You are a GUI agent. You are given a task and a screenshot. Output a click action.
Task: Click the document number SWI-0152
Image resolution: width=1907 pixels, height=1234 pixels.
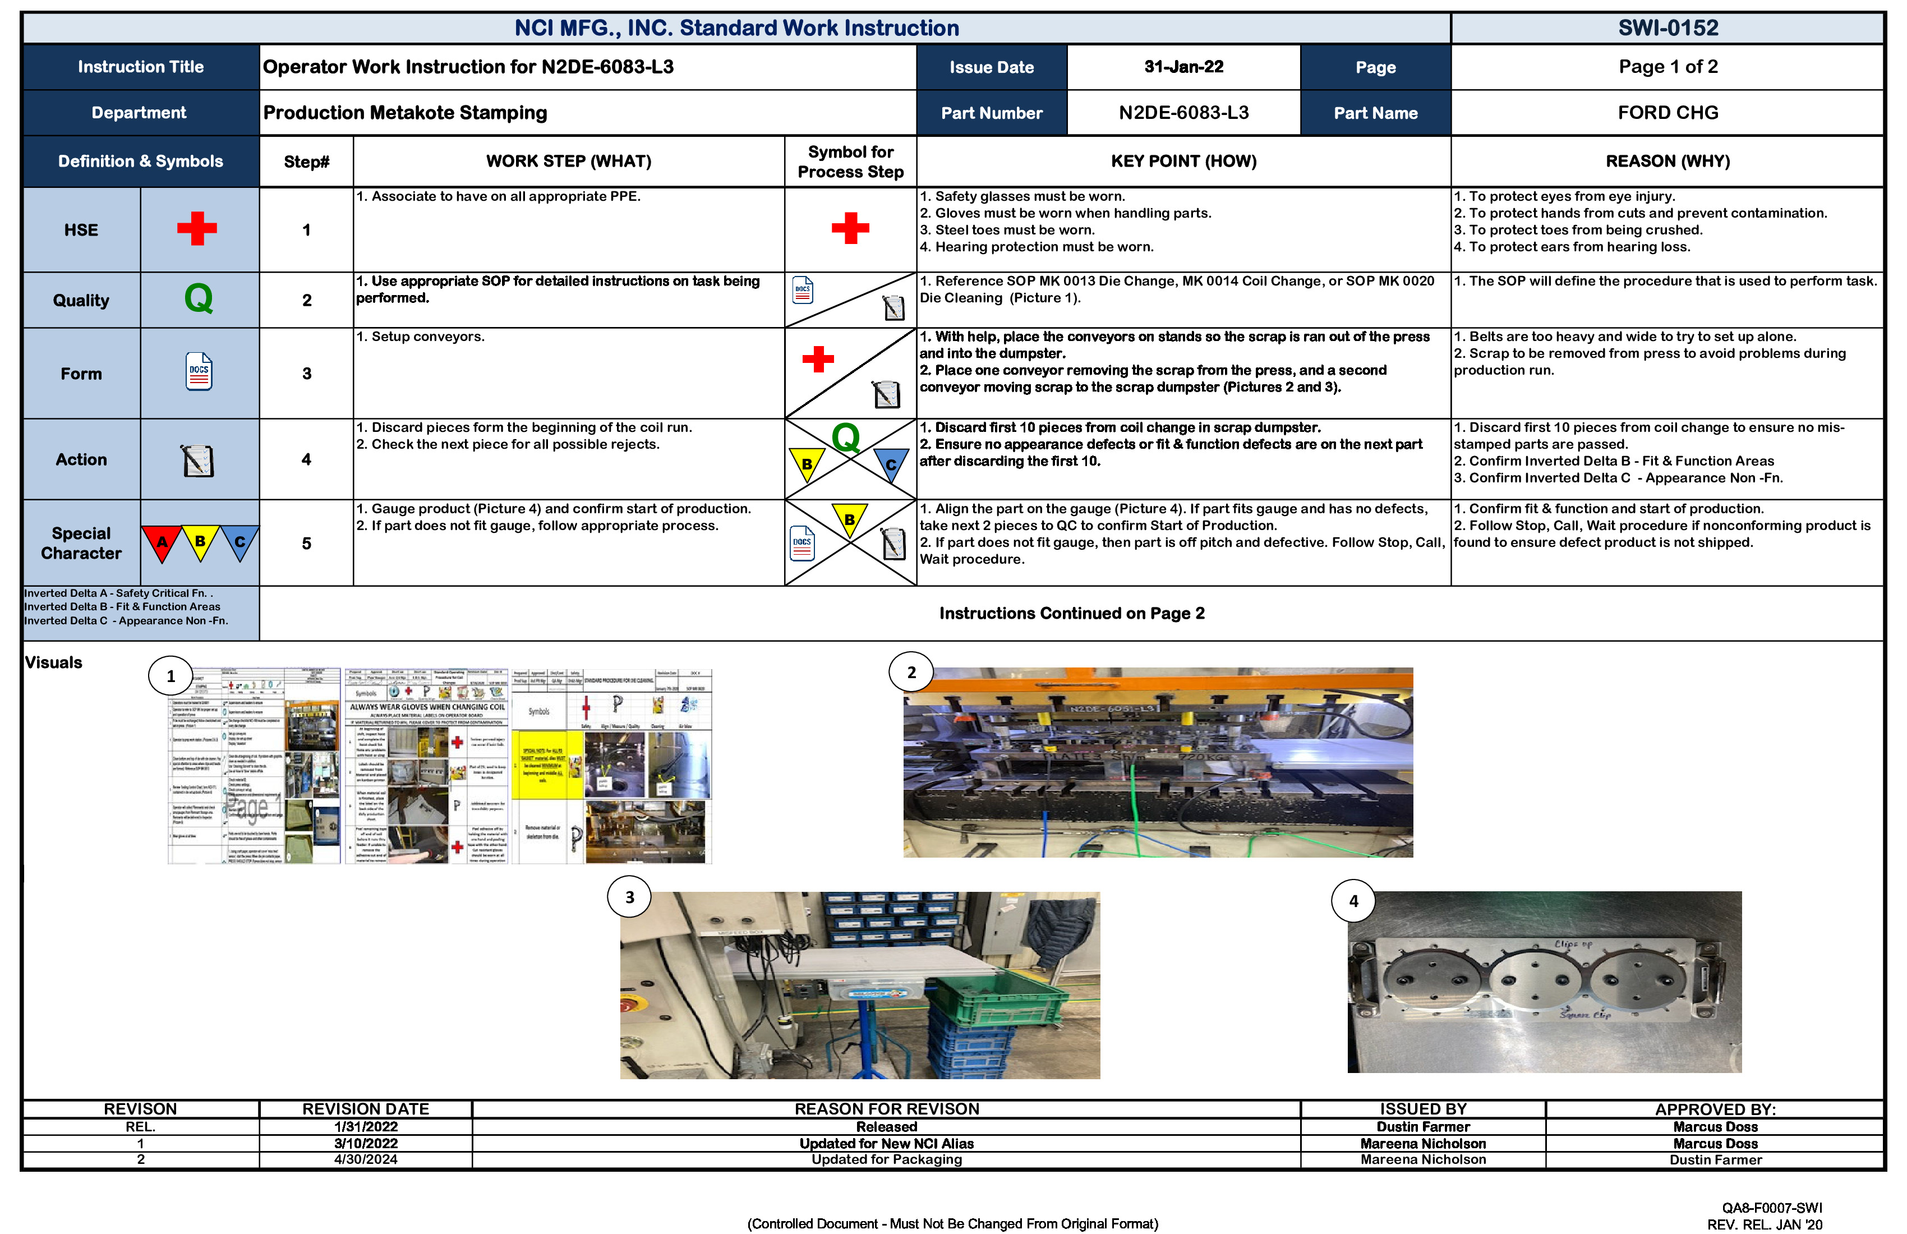[x=1668, y=28]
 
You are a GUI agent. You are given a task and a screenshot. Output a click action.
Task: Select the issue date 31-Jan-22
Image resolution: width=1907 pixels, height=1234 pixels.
[x=1183, y=67]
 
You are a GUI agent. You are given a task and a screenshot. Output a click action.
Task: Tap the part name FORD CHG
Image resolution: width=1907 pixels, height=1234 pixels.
[x=1668, y=112]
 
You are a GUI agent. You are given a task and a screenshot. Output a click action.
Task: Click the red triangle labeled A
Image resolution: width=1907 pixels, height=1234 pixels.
[x=161, y=542]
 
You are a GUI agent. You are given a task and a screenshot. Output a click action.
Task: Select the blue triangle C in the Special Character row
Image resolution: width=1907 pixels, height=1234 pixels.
[x=239, y=542]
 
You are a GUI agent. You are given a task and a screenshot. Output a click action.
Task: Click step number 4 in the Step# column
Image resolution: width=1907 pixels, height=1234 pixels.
[x=306, y=459]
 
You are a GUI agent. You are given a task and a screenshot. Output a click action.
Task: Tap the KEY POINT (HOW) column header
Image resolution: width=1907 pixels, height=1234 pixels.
[x=1183, y=161]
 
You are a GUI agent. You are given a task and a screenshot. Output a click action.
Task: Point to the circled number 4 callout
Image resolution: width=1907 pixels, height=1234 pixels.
[x=1353, y=901]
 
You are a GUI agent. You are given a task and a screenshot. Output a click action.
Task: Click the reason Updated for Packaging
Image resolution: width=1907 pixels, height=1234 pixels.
[x=886, y=1159]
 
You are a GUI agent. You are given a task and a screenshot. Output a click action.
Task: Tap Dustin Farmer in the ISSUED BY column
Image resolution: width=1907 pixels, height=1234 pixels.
[x=1422, y=1127]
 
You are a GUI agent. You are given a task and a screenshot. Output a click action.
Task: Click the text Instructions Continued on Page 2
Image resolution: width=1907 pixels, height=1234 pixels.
[x=1071, y=613]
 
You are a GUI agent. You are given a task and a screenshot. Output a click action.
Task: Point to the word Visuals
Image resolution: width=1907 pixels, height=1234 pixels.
[x=54, y=662]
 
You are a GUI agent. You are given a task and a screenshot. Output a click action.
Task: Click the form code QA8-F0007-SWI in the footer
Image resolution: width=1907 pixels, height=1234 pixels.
[x=1772, y=1208]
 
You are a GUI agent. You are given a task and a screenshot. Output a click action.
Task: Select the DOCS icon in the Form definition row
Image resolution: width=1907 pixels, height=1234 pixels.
[x=199, y=372]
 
